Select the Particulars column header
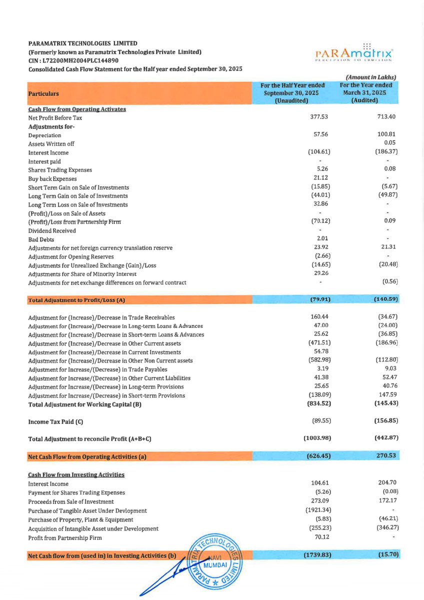point(42,93)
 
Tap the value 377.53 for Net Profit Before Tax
point(319,117)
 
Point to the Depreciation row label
point(45,135)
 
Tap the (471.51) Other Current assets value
point(318,343)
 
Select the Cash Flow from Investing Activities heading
point(76,474)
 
